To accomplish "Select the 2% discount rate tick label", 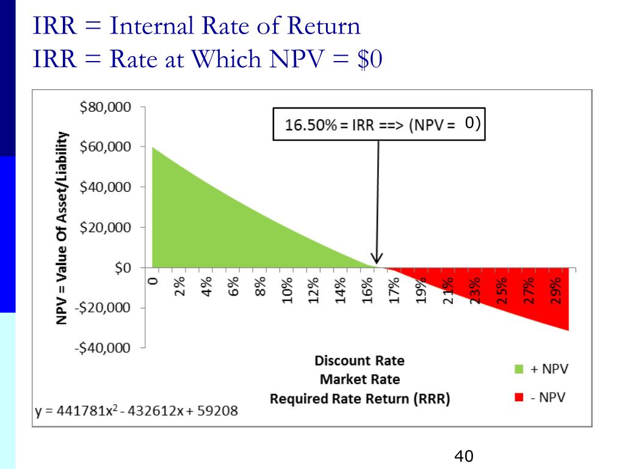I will pyautogui.click(x=180, y=286).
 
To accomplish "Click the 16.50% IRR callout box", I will pyautogui.click(x=378, y=125).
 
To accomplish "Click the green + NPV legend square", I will pyautogui.click(x=520, y=369).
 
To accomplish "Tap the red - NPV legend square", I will pyautogui.click(x=520, y=398).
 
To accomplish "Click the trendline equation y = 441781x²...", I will pyautogui.click(x=136, y=410).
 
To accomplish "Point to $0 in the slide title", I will pyautogui.click(x=369, y=60).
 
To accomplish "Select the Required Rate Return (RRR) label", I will pyautogui.click(x=360, y=400).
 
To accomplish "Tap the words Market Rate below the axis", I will pyautogui.click(x=360, y=379).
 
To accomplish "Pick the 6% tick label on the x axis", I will pyautogui.click(x=234, y=286).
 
